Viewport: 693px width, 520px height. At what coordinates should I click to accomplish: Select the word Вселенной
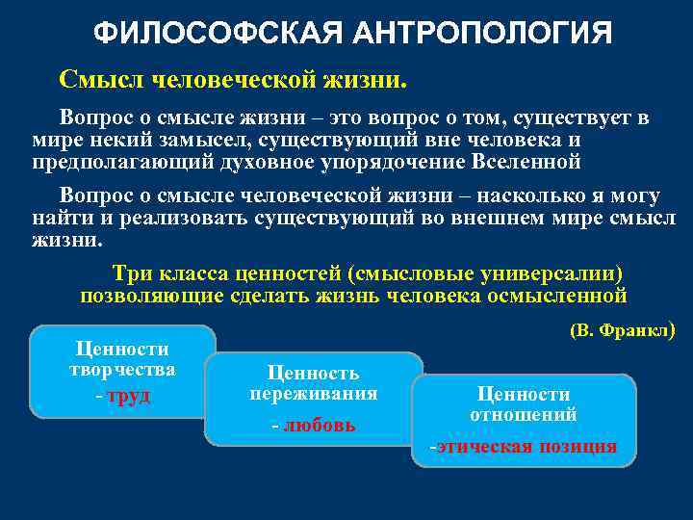coord(525,161)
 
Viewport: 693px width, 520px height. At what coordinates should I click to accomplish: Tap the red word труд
coord(128,396)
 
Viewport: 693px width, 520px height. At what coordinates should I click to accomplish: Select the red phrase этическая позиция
coord(526,446)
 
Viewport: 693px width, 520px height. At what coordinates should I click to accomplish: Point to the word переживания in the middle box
coord(313,395)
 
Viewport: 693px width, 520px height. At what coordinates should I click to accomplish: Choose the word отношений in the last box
coord(523,416)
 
